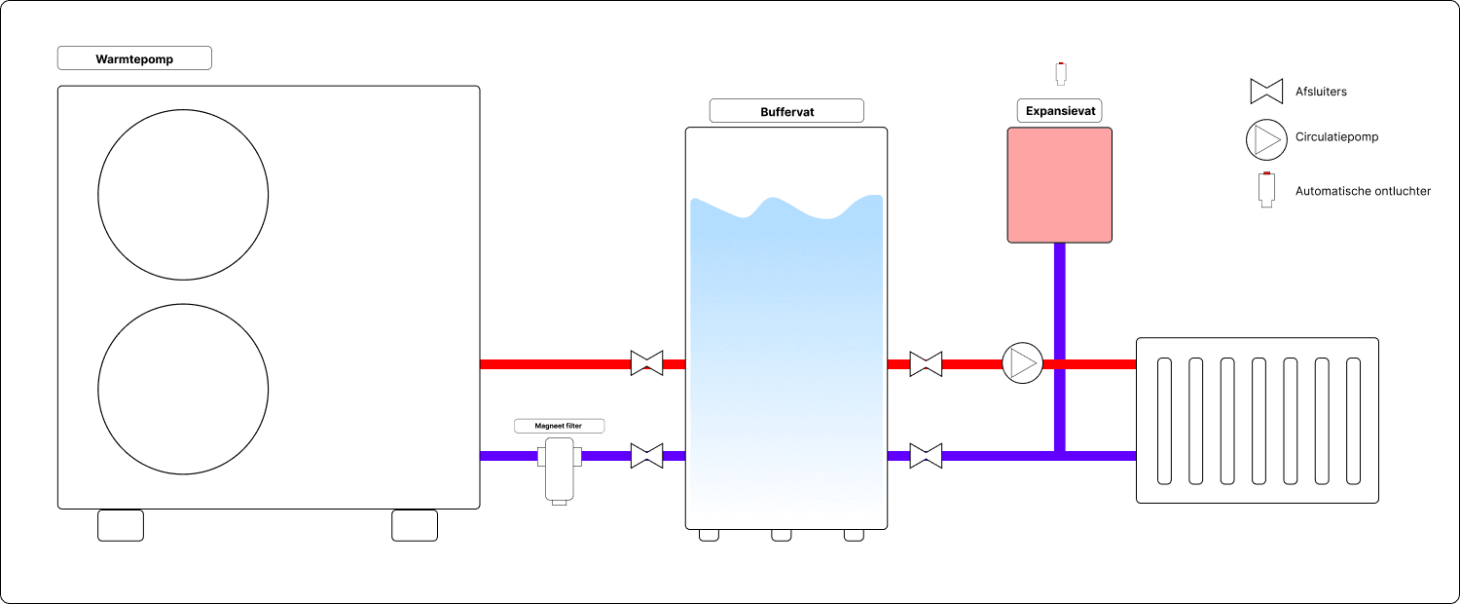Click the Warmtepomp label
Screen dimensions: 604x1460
[x=134, y=59]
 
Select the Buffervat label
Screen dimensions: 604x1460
[x=786, y=111]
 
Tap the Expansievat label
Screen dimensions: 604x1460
[x=1060, y=111]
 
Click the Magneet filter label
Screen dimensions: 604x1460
[x=560, y=426]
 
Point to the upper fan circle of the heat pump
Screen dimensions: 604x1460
[x=183, y=195]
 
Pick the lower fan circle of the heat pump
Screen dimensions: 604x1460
[x=183, y=389]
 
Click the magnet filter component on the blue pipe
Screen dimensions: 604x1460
[x=560, y=469]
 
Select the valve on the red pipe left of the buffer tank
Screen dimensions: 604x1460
[x=646, y=363]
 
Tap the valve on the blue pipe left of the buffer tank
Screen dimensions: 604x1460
[x=646, y=455]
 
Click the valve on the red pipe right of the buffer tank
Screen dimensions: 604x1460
[x=926, y=363]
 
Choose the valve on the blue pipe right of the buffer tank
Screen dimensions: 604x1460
[x=926, y=455]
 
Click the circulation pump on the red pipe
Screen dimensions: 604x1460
[x=1022, y=363]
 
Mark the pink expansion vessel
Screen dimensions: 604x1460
[x=1059, y=184]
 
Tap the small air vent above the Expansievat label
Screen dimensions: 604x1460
[x=1061, y=73]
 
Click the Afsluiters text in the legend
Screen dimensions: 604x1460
[x=1321, y=92]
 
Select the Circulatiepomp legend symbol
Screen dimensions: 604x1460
[x=1265, y=140]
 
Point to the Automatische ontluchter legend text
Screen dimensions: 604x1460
[x=1363, y=191]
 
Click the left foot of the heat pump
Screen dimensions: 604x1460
[x=121, y=525]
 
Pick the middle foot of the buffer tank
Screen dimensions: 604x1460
[x=782, y=535]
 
